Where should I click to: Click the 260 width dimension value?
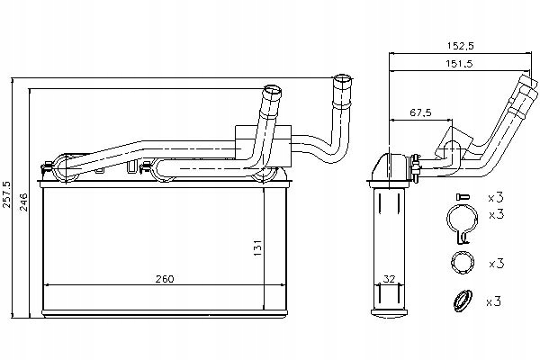coord(164,279)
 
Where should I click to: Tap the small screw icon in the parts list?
coord(463,197)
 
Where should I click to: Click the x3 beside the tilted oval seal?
coord(495,301)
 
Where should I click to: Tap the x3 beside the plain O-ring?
coord(495,264)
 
